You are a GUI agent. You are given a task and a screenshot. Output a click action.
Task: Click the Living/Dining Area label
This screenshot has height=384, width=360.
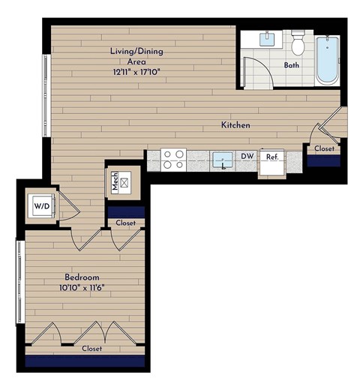(132, 56)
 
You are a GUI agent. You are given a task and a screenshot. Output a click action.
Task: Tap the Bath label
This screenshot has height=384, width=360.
(292, 65)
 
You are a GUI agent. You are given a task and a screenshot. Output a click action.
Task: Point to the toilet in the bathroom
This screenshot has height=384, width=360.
(298, 43)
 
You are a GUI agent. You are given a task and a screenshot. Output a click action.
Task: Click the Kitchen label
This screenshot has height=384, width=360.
(235, 124)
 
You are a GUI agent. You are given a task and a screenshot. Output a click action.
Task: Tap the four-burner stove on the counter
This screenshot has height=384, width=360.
(174, 159)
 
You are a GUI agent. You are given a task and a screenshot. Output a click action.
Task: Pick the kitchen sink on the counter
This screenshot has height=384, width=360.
(221, 159)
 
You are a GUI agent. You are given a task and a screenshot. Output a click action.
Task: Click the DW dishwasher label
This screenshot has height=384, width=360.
(247, 157)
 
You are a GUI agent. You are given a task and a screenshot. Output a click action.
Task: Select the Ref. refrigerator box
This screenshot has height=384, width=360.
(272, 160)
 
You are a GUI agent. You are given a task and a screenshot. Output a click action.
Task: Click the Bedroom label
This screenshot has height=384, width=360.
(82, 277)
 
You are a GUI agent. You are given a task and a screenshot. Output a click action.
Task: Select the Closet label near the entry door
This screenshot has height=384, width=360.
(324, 148)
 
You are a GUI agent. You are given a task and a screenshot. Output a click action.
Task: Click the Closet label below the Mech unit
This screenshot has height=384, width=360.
(125, 223)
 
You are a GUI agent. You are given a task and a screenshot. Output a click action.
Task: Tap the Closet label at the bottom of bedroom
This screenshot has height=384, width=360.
(91, 348)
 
